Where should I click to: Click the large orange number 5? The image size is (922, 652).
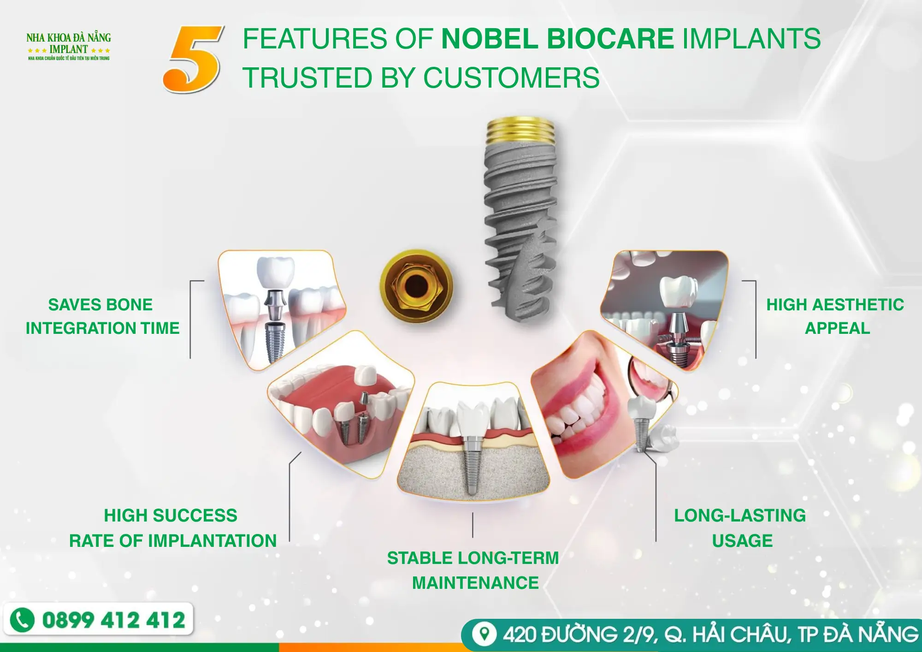(193, 59)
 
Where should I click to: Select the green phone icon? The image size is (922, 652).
(22, 619)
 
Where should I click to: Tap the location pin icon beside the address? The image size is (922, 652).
(484, 634)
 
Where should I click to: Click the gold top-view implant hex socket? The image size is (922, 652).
(416, 286)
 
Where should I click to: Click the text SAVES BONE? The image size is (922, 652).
(100, 305)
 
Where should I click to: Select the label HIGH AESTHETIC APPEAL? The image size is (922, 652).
(835, 316)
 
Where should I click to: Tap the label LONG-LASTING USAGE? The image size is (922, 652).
(740, 528)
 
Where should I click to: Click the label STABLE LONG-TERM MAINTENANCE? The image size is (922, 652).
(473, 570)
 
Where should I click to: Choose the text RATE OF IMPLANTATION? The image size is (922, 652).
(173, 540)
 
